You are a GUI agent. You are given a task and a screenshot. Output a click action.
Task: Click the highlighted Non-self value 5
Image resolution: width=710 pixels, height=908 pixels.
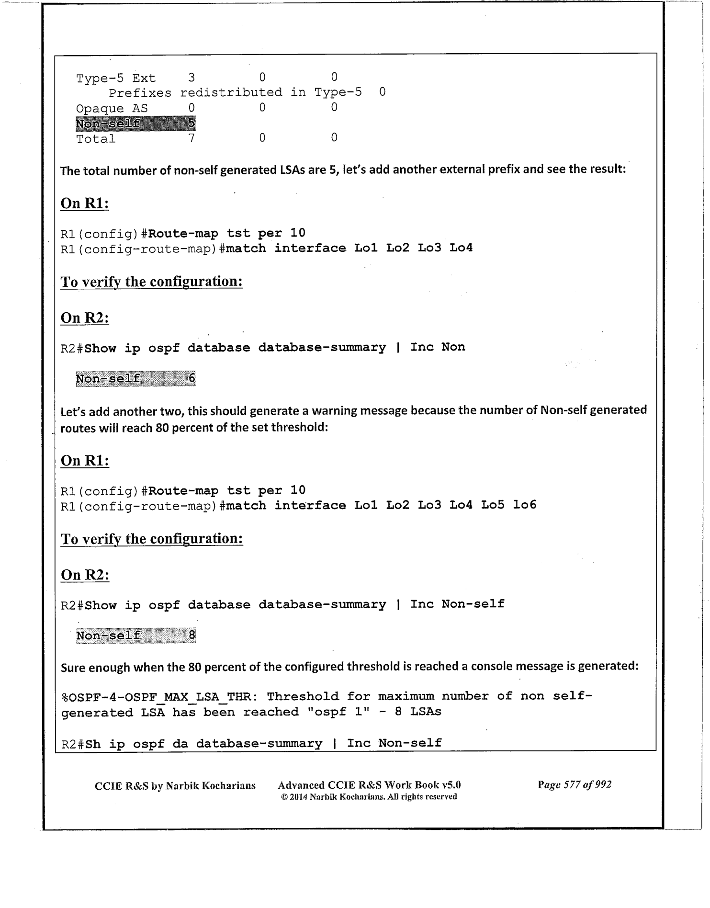[x=191, y=124]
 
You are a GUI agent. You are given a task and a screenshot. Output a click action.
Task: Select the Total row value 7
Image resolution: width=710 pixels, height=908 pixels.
[x=191, y=138]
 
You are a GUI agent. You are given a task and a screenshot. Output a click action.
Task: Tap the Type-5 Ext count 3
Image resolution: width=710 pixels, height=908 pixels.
[x=191, y=78]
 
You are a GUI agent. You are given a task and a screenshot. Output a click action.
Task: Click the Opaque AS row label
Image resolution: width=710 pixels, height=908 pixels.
[x=112, y=109]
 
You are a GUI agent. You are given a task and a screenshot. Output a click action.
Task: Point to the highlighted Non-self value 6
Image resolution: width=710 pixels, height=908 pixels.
[x=191, y=378]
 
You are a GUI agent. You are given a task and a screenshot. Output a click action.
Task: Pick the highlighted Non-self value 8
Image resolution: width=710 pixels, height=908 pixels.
[x=192, y=636]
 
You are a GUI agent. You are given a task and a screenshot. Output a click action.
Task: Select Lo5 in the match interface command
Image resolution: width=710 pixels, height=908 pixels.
[x=492, y=505]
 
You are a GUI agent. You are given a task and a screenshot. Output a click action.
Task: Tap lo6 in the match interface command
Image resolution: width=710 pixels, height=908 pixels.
[x=524, y=505]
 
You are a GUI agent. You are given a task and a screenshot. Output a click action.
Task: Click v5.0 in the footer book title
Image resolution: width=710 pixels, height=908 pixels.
[x=451, y=785]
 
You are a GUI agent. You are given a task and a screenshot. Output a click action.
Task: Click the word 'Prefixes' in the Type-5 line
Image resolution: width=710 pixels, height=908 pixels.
[x=139, y=93]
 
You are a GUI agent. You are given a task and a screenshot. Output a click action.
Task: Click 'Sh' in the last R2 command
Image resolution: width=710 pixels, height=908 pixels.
[x=92, y=744]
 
